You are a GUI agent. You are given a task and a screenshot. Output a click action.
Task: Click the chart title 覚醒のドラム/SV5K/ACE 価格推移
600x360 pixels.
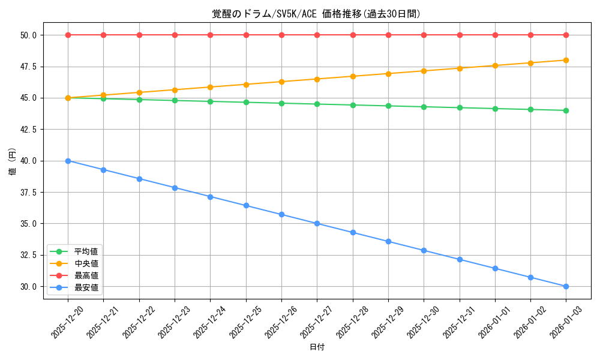pos(316,14)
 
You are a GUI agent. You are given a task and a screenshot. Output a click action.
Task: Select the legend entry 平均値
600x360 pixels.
pos(86,251)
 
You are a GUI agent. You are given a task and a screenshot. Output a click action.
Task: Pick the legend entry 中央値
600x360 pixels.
pos(86,263)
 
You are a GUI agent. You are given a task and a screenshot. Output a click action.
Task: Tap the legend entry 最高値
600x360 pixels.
pos(86,275)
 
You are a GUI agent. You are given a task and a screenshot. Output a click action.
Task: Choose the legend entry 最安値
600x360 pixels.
pos(86,288)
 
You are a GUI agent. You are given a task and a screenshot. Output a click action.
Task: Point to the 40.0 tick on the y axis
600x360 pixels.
pos(28,161)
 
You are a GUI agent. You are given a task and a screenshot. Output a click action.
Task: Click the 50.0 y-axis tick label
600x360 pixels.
pos(28,35)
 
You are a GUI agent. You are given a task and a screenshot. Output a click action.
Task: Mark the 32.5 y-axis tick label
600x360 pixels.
pos(28,255)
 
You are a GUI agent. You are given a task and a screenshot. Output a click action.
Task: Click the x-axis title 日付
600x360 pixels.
pos(317,347)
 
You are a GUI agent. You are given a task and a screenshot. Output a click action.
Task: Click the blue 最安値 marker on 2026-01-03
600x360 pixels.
pos(566,286)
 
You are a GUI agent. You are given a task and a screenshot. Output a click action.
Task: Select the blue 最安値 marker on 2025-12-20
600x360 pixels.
pos(68,161)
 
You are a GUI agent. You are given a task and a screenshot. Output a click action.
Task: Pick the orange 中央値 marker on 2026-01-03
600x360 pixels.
pos(566,60)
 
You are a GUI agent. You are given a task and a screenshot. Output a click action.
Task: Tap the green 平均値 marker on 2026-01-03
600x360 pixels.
pos(566,110)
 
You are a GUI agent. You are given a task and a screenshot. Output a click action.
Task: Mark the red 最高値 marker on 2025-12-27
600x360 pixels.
pos(317,35)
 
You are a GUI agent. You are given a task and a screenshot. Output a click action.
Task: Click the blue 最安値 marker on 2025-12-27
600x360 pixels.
pos(317,223)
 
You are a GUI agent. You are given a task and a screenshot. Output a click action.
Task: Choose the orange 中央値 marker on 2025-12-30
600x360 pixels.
pos(424,71)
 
